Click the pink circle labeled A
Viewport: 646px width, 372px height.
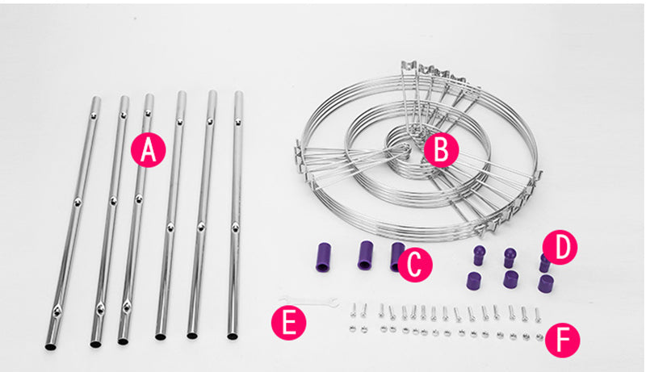coord(149,150)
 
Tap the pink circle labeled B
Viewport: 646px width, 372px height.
coord(441,149)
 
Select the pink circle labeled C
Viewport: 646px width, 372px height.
coord(415,265)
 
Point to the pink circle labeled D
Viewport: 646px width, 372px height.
coord(560,247)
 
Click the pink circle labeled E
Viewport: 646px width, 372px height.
coord(289,323)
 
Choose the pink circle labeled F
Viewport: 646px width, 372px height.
coord(562,341)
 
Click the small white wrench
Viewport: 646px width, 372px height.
coord(309,301)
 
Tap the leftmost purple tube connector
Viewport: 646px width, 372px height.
coord(324,257)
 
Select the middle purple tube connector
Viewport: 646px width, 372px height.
coord(365,255)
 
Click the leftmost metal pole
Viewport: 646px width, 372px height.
coord(73,223)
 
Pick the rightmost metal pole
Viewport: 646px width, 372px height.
coord(236,215)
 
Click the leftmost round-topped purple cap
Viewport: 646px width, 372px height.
coord(479,255)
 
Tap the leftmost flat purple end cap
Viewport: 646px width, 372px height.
coord(474,280)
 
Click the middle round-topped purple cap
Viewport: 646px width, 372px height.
coord(510,257)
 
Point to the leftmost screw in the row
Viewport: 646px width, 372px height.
coord(353,310)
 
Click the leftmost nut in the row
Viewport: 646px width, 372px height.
coord(352,328)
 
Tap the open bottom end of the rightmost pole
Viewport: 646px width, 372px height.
coord(233,336)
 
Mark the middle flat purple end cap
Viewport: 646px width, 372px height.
coord(511,279)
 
